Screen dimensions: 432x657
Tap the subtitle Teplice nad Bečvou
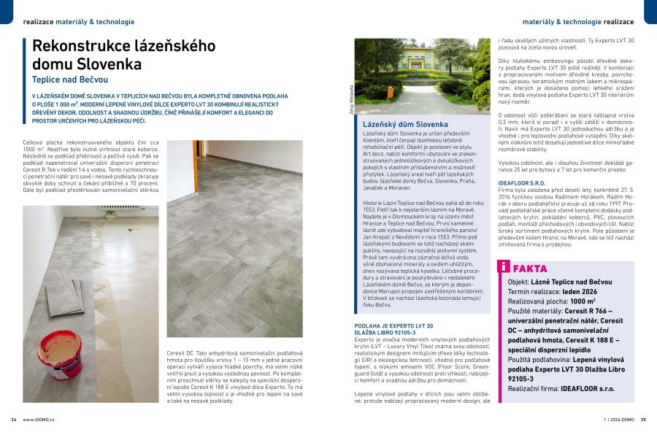click(70, 79)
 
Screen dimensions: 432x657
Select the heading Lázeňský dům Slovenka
click(405, 125)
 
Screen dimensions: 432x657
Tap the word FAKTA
click(529, 269)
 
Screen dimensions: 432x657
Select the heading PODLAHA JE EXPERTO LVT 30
click(393, 325)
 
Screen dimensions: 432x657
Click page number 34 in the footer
click(14, 420)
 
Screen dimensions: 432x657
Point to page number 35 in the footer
click(643, 420)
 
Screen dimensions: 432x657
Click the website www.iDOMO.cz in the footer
click(39, 420)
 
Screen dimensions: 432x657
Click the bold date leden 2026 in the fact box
click(580, 291)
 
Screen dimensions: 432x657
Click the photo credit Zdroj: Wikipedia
click(351, 100)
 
